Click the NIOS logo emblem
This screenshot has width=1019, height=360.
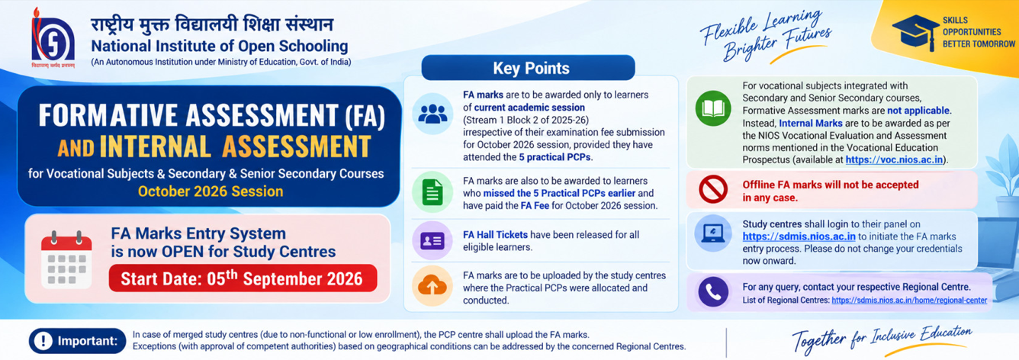click(53, 38)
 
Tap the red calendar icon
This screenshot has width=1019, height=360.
click(66, 259)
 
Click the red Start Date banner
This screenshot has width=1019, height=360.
click(243, 278)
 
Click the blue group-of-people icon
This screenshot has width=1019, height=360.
click(432, 114)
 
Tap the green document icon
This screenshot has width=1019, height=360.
click(432, 192)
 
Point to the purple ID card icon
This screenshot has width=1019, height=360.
click(432, 240)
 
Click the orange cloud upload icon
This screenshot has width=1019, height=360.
click(432, 286)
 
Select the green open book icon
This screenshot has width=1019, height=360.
click(713, 108)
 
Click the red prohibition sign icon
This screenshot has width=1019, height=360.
click(713, 189)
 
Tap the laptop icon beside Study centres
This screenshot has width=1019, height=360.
click(713, 233)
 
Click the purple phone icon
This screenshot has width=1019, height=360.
click(713, 291)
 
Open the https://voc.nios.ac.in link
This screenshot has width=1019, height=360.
click(894, 159)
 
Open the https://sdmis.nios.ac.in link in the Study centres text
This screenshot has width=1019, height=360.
click(799, 236)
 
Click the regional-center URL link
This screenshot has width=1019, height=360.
click(909, 301)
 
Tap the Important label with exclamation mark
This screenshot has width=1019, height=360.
click(77, 340)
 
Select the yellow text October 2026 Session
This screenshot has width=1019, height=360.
click(211, 191)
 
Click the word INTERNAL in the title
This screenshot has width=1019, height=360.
click(156, 146)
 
